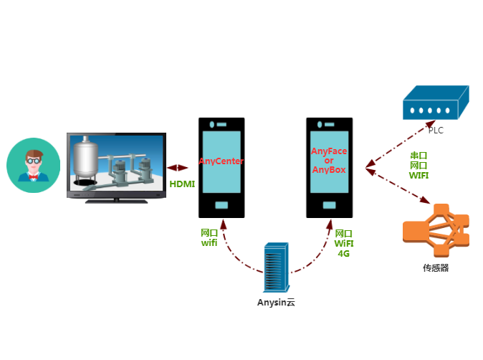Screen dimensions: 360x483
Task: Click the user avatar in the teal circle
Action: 33,166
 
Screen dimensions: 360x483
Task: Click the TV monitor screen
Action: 117,164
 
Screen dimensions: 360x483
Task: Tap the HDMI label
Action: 182,184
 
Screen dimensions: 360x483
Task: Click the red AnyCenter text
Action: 221,161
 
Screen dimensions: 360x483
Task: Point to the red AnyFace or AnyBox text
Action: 329,161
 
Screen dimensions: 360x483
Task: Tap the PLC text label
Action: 436,130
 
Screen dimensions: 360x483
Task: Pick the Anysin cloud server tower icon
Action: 276,266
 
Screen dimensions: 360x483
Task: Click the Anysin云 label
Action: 276,303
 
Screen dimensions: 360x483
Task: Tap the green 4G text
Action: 344,253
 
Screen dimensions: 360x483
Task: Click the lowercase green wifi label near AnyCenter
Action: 209,243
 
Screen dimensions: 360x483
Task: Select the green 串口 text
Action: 419,155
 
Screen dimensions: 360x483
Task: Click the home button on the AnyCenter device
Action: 221,206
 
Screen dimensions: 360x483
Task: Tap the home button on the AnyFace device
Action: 330,206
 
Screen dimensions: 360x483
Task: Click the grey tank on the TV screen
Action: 87,156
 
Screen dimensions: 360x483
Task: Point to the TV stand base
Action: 117,202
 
